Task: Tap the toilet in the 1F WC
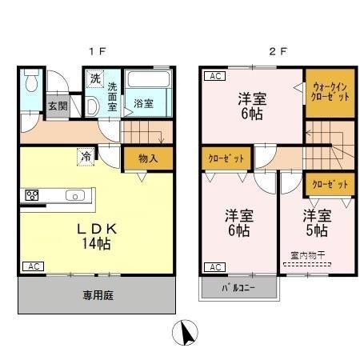pyautogui.click(x=31, y=83)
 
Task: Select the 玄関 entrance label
pyautogui.click(x=55, y=106)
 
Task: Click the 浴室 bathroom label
pyautogui.click(x=144, y=103)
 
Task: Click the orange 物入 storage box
pyautogui.click(x=147, y=158)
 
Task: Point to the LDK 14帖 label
pyautogui.click(x=98, y=235)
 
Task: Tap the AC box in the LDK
pyautogui.click(x=32, y=266)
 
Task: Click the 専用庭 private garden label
pyautogui.click(x=98, y=295)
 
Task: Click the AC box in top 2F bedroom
pyautogui.click(x=214, y=77)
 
